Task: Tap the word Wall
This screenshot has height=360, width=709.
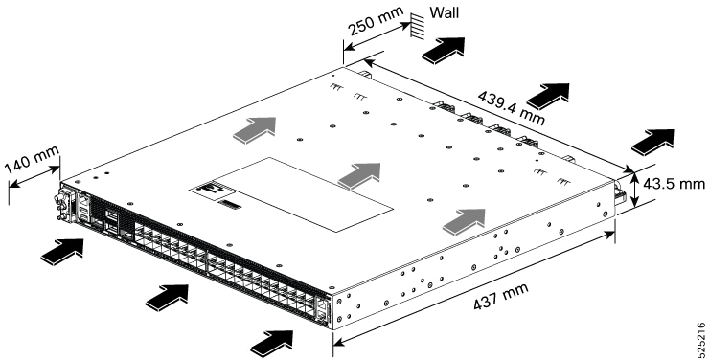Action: (x=444, y=12)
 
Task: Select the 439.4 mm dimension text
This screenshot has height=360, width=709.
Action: (x=511, y=108)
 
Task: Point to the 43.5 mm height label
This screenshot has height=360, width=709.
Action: (x=675, y=184)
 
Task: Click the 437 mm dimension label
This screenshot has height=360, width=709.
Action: (x=500, y=296)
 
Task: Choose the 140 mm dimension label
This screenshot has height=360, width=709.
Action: (x=32, y=160)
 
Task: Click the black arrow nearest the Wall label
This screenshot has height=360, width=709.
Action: (x=444, y=50)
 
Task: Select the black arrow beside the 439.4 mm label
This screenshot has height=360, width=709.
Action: (x=548, y=96)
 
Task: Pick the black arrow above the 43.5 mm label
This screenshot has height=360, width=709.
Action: (x=652, y=143)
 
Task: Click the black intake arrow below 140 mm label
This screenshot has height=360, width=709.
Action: (x=62, y=252)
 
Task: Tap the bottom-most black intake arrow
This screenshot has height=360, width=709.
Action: (x=272, y=344)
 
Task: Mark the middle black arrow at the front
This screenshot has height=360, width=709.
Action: (x=168, y=298)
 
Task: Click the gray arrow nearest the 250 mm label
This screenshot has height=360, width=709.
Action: (x=254, y=130)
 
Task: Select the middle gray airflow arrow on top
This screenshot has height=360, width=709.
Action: (x=359, y=176)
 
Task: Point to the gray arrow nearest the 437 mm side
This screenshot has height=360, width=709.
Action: (x=464, y=222)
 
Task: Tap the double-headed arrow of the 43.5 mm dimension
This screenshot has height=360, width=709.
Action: (x=636, y=190)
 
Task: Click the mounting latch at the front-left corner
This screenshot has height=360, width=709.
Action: (x=63, y=206)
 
